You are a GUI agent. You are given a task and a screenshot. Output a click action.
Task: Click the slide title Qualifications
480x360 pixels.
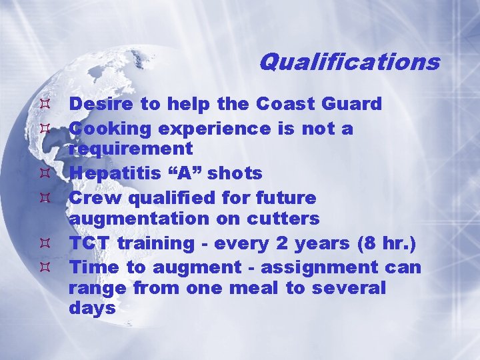[349, 62]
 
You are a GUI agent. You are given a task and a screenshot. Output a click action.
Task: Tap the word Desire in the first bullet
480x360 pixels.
[95, 104]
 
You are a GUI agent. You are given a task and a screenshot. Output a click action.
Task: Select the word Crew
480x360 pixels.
[90, 197]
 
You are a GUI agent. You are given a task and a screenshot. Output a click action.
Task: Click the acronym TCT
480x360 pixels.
[90, 243]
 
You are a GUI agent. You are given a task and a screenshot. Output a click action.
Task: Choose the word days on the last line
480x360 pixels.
[92, 309]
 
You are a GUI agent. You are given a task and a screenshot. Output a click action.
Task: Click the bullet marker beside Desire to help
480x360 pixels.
[45, 104]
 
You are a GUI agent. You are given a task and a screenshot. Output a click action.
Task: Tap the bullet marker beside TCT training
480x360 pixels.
[45, 243]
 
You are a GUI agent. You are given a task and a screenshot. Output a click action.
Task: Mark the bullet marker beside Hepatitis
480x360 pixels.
[45, 173]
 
